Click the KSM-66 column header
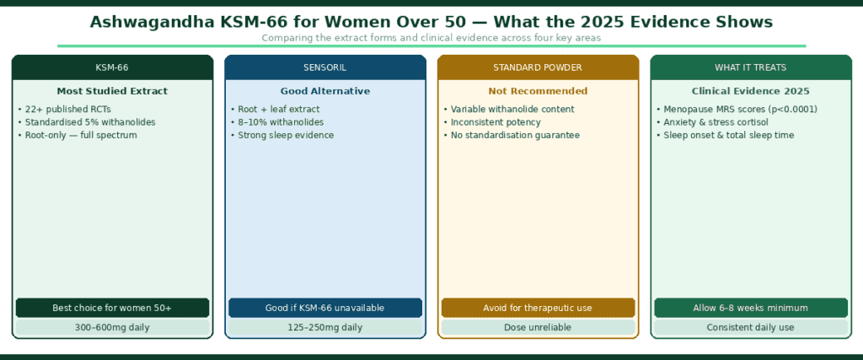pyautogui.click(x=112, y=67)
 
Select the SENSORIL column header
pyautogui.click(x=325, y=67)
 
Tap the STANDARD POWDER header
pyautogui.click(x=538, y=67)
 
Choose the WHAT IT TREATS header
pyautogui.click(x=750, y=67)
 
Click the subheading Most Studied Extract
pyautogui.click(x=112, y=91)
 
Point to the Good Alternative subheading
pyautogui.click(x=325, y=91)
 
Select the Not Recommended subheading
pyautogui.click(x=538, y=91)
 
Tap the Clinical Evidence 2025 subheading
pyautogui.click(x=750, y=91)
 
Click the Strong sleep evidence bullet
pyautogui.click(x=283, y=135)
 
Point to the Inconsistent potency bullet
pyautogui.click(x=491, y=122)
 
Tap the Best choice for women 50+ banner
pyautogui.click(x=112, y=308)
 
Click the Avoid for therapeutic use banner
pyautogui.click(x=538, y=308)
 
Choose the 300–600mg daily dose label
pyautogui.click(x=112, y=327)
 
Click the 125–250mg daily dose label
pyautogui.click(x=325, y=327)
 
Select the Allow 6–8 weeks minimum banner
pyautogui.click(x=750, y=308)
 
